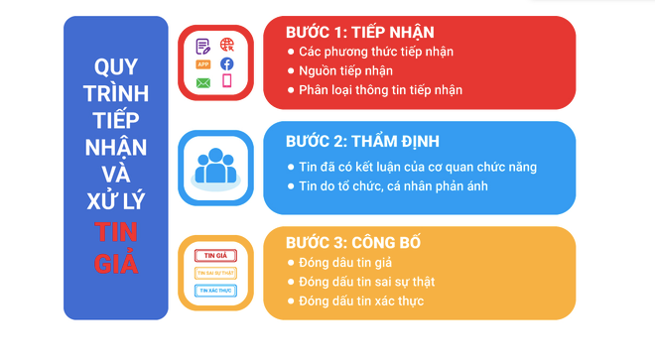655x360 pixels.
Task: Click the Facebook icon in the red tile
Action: (227, 63)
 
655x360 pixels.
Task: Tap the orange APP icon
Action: (203, 64)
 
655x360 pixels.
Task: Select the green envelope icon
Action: (203, 82)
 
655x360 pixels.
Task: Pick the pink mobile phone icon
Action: (227, 81)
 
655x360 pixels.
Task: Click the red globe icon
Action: (227, 46)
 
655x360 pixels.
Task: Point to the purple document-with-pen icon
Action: (203, 46)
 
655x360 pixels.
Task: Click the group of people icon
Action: (215, 167)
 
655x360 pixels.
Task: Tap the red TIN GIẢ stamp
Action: (215, 255)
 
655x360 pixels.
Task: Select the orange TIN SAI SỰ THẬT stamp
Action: (215, 273)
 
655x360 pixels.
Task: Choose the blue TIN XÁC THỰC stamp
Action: (215, 291)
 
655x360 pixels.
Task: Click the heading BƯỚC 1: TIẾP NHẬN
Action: (359, 32)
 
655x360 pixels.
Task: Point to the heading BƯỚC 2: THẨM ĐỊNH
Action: (362, 141)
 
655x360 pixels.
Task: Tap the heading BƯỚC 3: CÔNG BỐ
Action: (353, 242)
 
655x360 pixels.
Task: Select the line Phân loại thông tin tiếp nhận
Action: (380, 89)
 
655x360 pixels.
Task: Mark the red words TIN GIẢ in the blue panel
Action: (116, 249)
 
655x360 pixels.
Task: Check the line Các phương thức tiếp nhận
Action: (376, 52)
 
